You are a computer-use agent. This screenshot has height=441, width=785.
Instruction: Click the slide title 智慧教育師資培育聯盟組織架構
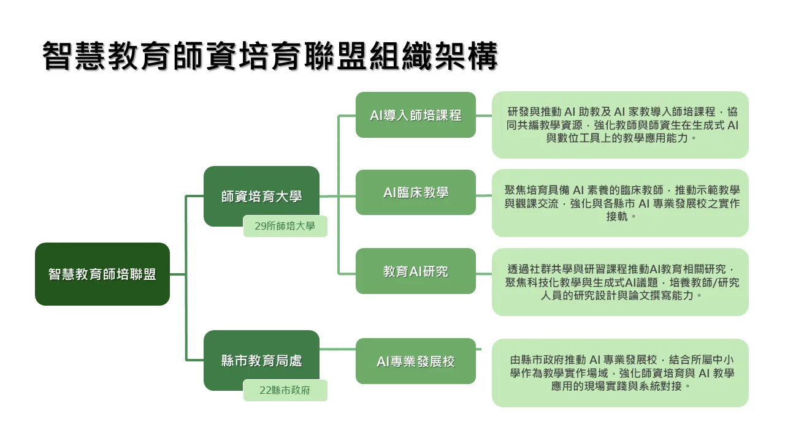[x=270, y=56]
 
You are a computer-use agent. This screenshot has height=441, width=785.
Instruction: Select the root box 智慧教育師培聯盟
[x=102, y=274]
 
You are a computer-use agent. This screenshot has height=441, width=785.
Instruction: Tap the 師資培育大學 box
[x=261, y=196]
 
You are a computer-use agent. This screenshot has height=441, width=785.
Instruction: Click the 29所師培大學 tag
[x=285, y=226]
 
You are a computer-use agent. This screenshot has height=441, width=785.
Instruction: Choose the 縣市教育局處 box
[x=261, y=360]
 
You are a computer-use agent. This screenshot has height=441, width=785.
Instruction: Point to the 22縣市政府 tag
[x=285, y=390]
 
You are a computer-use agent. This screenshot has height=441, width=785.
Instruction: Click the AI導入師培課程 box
[x=415, y=115]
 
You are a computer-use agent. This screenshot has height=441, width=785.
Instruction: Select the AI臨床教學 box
[x=415, y=192]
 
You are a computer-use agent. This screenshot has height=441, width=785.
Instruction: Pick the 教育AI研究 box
[x=415, y=271]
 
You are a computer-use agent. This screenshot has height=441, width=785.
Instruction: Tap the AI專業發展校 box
[x=415, y=361]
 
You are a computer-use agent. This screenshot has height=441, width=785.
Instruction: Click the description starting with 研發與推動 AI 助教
[x=620, y=125]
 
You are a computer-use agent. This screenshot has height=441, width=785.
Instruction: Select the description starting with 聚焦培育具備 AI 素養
[x=620, y=203]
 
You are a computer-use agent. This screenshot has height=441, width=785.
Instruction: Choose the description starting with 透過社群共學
[x=620, y=282]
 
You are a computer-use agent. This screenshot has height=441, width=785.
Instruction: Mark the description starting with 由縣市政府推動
[x=620, y=372]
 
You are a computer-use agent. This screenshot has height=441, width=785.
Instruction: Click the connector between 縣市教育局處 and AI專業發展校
[x=337, y=349]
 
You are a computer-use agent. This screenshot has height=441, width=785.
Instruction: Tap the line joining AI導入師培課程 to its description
[x=484, y=115]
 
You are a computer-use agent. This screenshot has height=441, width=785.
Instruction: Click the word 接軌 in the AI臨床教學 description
[x=620, y=216]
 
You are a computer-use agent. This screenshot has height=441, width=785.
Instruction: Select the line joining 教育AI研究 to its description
[x=484, y=271]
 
